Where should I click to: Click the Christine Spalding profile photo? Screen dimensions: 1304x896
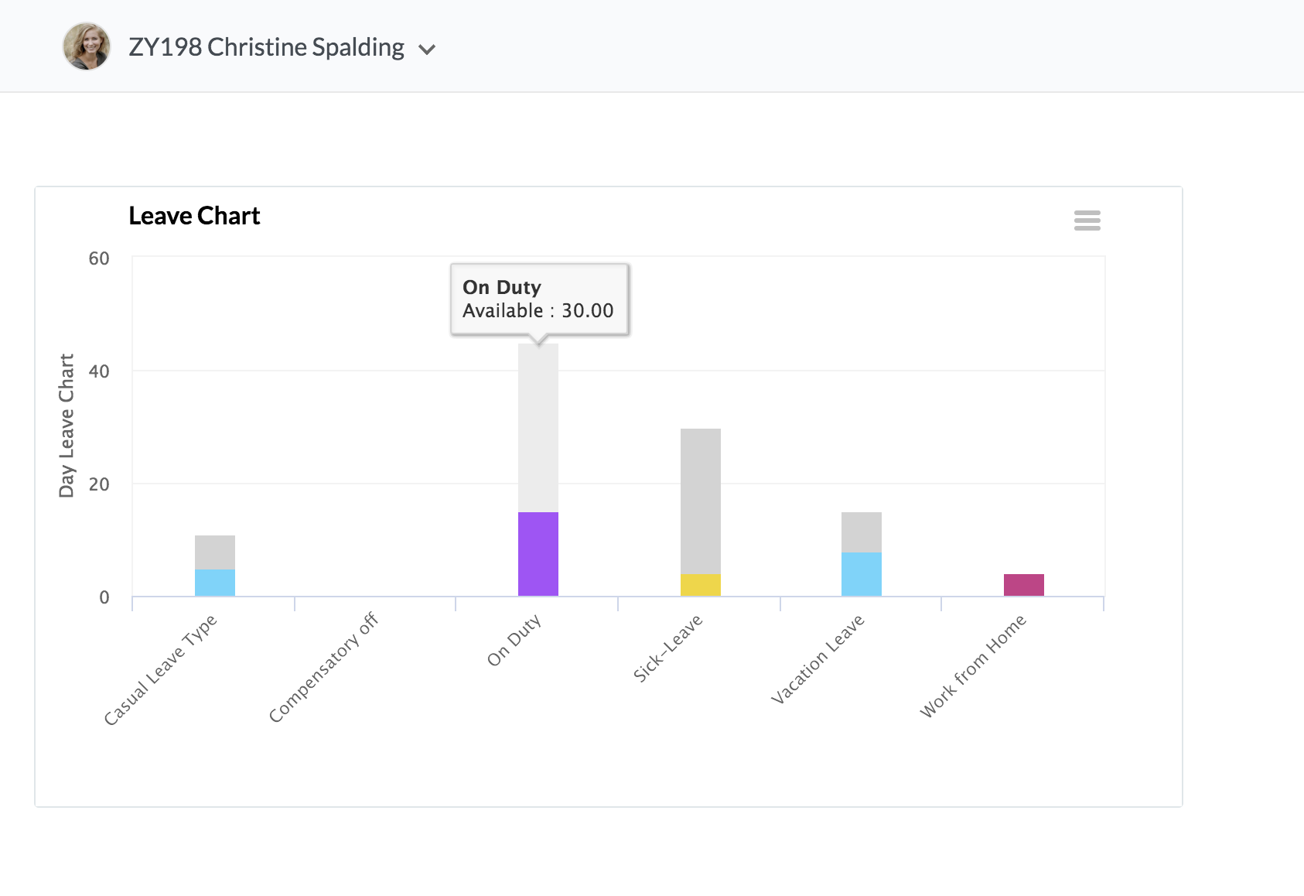[x=87, y=46]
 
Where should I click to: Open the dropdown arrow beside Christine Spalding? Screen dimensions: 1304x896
[x=427, y=50]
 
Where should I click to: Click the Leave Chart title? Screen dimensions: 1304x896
[x=194, y=216]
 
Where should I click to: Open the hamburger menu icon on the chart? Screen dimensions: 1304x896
[x=1087, y=220]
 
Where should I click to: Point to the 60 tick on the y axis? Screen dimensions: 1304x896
[x=99, y=258]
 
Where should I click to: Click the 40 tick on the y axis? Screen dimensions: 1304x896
[x=99, y=371]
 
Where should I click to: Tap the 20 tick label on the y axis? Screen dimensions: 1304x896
[x=99, y=484]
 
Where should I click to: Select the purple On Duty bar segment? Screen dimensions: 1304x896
[x=538, y=554]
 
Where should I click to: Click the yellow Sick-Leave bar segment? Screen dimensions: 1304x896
[x=700, y=584]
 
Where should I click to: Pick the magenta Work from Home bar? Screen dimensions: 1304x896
[x=1023, y=584]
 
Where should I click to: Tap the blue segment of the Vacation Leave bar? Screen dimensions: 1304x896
[x=862, y=574]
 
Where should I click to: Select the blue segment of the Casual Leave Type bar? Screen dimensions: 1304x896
[x=215, y=582]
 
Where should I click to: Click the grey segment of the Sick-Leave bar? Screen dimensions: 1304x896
[x=700, y=501]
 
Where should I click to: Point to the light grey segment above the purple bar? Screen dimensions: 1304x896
[x=538, y=428]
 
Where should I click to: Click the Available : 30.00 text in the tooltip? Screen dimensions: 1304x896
[x=538, y=310]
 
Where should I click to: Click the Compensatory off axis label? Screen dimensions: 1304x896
[x=323, y=667]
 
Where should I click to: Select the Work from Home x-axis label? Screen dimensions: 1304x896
[x=973, y=666]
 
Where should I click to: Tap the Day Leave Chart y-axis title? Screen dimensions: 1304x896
[x=67, y=426]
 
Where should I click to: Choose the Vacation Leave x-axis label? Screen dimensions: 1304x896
[x=818, y=660]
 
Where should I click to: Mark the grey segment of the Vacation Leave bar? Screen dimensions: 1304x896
[x=862, y=532]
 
